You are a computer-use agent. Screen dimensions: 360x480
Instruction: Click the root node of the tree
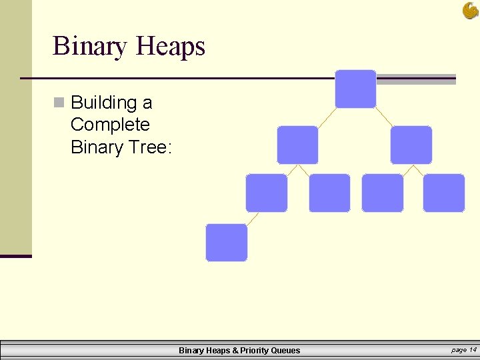pos(355,89)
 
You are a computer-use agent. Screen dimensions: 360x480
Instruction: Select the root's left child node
pos(297,145)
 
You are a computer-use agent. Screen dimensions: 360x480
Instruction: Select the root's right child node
pos(411,145)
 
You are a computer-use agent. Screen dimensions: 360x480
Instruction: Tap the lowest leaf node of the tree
pos(226,242)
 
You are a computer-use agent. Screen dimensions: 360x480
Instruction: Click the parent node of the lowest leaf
pos(267,193)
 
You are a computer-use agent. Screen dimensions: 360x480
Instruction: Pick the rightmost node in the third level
pos(443,193)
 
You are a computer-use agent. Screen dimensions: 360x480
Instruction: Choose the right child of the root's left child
pos(329,193)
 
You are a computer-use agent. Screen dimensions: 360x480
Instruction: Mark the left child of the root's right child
pos(382,193)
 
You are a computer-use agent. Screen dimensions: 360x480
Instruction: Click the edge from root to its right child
pos(384,117)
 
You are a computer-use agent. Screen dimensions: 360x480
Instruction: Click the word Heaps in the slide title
pos(170,46)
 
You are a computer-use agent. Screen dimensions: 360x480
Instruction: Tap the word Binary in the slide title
pos(90,46)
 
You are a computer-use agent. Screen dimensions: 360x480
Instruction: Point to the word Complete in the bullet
pos(110,125)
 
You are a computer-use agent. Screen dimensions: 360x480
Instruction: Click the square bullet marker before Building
pos(59,103)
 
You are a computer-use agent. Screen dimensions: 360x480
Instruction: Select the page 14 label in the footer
pos(464,349)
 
